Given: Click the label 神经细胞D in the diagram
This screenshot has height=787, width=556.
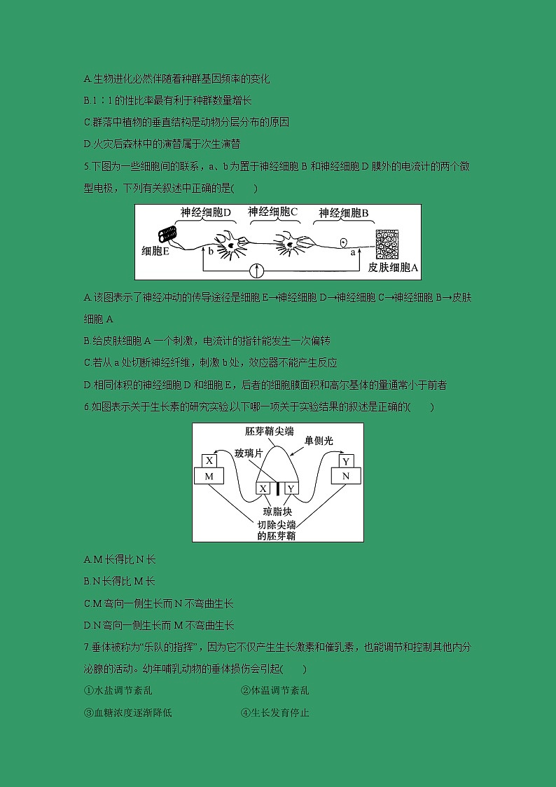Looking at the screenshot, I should tap(205, 212).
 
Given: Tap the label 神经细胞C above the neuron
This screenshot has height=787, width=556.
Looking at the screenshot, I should tap(273, 211).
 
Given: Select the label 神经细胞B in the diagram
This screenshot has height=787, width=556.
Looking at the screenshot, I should tap(343, 212).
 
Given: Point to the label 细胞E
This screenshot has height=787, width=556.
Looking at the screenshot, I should tap(155, 251).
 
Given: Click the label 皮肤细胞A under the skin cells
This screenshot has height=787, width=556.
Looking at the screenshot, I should tap(393, 268).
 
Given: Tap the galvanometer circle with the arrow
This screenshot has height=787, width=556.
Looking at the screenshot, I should tap(258, 271).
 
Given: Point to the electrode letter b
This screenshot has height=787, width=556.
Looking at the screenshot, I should tap(210, 250).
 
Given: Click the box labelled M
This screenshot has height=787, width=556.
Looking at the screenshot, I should tap(208, 476).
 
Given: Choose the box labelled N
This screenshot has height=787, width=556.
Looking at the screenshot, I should tap(346, 476).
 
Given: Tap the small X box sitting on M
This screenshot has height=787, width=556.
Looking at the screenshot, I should tap(209, 460).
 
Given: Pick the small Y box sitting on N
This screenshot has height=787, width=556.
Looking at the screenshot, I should tap(346, 460).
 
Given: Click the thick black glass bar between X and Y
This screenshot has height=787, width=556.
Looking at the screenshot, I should tap(277, 488).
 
